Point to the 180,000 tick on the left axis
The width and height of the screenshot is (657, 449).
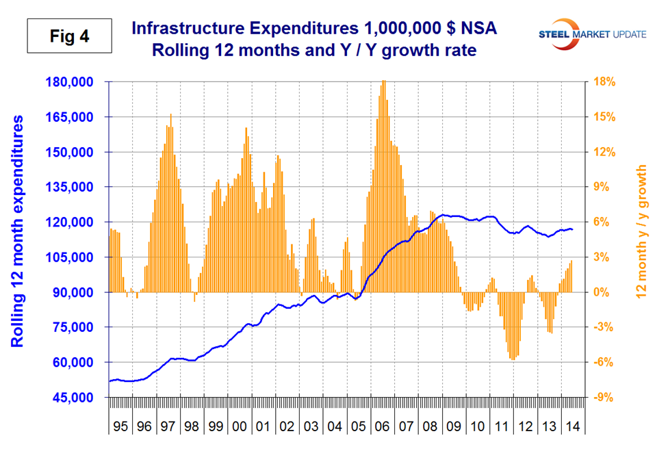click(75, 82)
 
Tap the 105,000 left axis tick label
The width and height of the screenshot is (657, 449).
click(75, 257)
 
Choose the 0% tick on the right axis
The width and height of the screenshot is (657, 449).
click(607, 292)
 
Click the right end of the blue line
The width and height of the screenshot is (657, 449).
click(573, 229)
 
